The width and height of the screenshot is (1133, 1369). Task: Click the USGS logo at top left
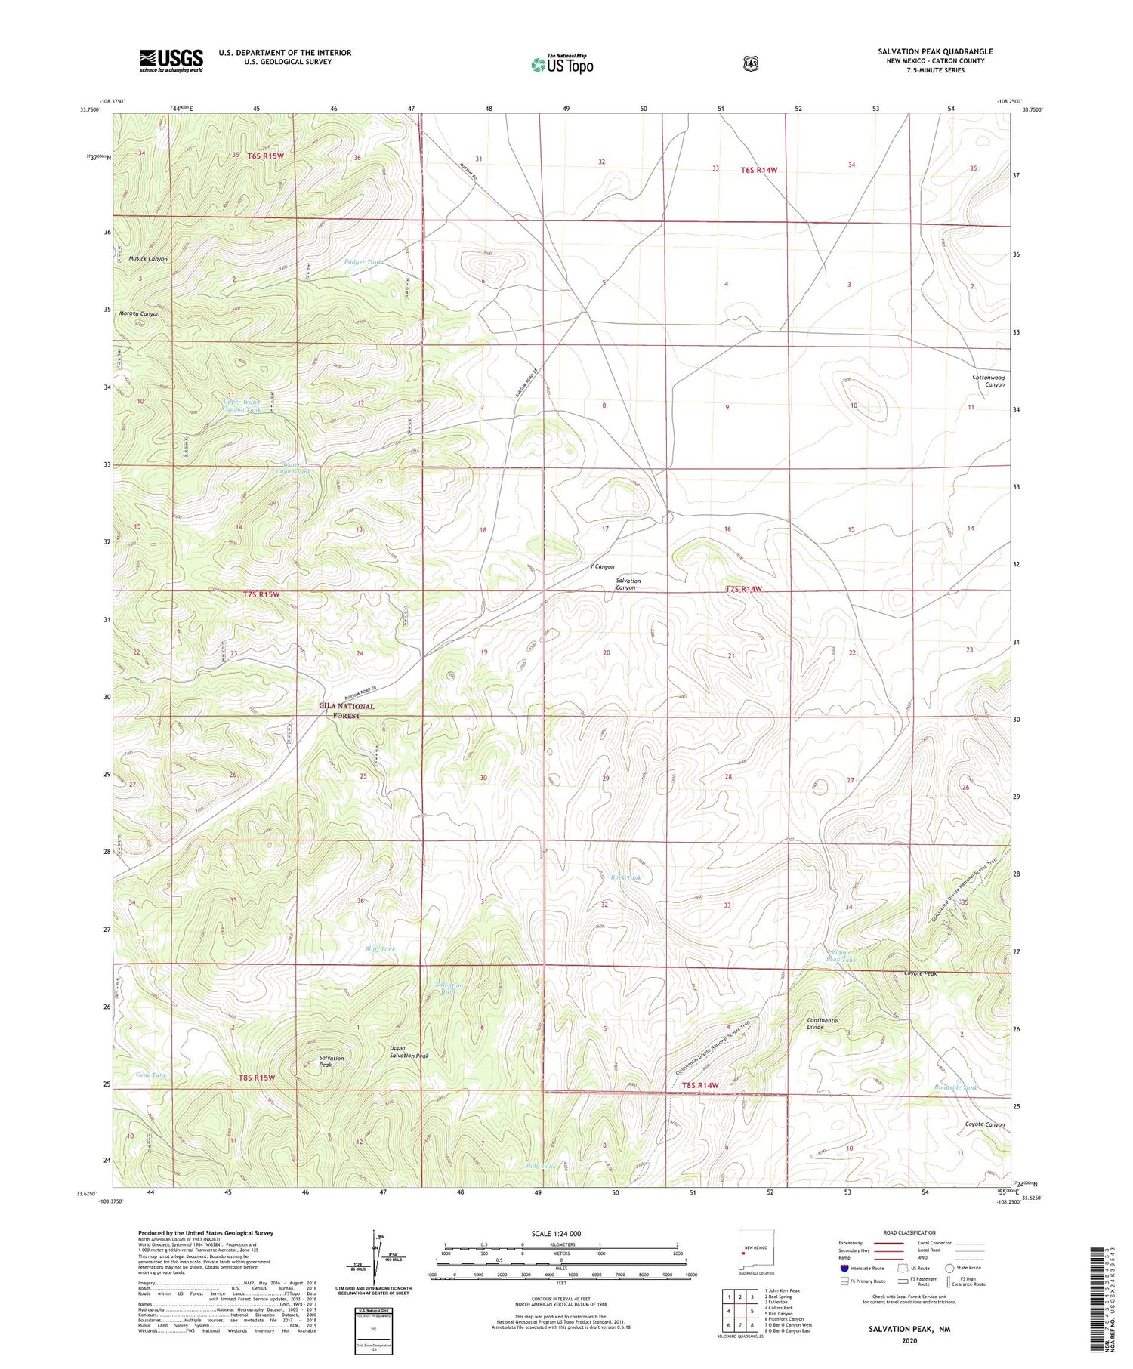tap(171, 60)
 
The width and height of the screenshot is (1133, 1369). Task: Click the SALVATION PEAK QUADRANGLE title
tap(935, 51)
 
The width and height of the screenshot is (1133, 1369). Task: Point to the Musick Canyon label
tap(147, 259)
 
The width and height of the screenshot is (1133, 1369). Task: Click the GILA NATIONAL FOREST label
tap(346, 711)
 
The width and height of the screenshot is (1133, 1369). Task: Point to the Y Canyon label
tap(601, 566)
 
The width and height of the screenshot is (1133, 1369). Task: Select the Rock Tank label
tap(626, 877)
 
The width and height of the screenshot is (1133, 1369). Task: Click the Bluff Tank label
tap(380, 949)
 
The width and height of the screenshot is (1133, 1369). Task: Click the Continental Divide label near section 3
tap(823, 1023)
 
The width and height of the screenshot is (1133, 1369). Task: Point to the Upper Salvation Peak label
tap(409, 1052)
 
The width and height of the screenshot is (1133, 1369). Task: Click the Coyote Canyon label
tap(985, 1124)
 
